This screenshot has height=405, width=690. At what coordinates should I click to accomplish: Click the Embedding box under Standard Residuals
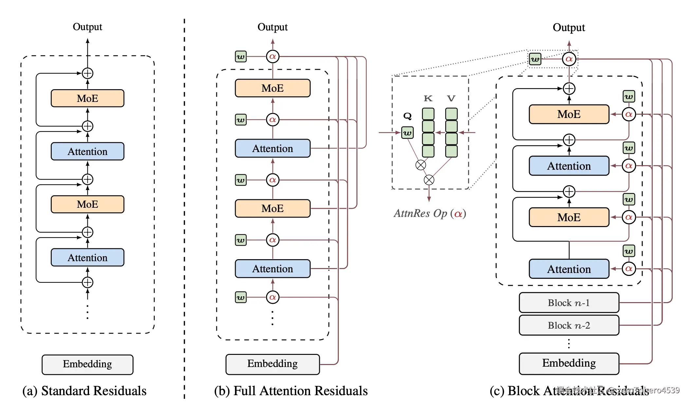point(87,364)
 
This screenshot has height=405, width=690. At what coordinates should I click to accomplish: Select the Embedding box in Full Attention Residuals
point(272,364)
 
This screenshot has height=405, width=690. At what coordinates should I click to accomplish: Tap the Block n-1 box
point(569,303)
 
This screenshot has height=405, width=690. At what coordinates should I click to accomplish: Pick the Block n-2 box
point(569,325)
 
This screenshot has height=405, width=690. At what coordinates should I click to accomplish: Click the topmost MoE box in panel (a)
point(87,98)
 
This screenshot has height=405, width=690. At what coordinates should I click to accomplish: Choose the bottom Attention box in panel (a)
point(87,258)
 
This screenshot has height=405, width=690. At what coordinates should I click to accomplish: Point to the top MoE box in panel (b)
point(272,88)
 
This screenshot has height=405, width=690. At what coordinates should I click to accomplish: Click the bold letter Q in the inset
point(407,116)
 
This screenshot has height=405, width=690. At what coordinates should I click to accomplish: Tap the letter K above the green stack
point(428,98)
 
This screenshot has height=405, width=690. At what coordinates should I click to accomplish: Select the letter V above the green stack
point(451,98)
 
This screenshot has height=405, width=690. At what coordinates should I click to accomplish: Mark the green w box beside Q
point(407,133)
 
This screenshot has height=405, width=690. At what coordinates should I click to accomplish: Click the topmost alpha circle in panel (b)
point(273,57)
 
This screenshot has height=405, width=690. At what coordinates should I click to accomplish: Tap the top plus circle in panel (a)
point(87,73)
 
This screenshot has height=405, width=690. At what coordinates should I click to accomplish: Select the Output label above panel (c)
point(569,28)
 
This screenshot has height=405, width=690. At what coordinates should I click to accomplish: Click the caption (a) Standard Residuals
point(84,391)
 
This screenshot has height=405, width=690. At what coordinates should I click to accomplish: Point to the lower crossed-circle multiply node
point(429,180)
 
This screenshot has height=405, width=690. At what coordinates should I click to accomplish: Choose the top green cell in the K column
point(428,114)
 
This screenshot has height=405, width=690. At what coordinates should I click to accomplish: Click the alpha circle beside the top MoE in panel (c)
point(628,114)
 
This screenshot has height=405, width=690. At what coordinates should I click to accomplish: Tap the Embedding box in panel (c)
point(569,363)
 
